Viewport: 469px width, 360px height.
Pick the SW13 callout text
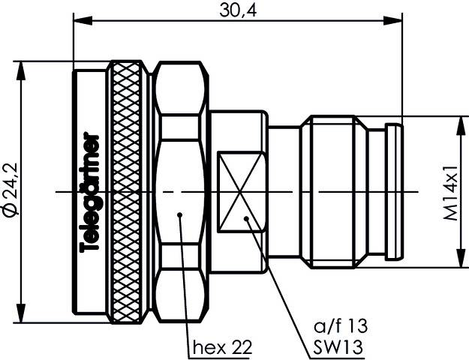click(337, 347)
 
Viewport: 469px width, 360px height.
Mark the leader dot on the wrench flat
click(248, 219)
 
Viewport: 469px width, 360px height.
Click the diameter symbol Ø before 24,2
click(9, 212)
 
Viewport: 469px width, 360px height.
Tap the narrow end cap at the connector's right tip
click(394, 193)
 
